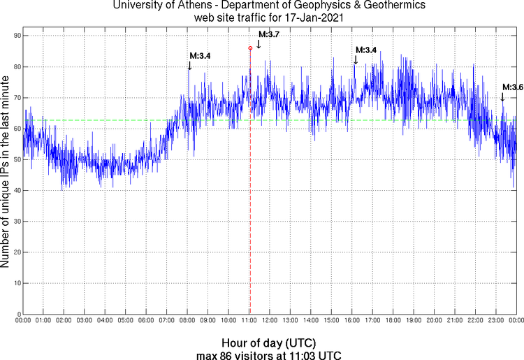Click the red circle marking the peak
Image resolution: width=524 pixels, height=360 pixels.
pyautogui.click(x=250, y=48)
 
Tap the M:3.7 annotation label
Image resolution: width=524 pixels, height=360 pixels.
pyautogui.click(x=269, y=34)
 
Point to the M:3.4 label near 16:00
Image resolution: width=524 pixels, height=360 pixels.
pyautogui.click(x=366, y=50)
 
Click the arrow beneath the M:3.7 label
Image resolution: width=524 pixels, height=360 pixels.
pyautogui.click(x=259, y=44)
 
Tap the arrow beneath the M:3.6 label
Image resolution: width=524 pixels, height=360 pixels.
pyautogui.click(x=502, y=97)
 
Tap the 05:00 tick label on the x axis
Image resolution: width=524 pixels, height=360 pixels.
pyautogui.click(x=126, y=320)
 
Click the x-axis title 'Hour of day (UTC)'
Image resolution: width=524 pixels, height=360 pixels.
pyautogui.click(x=269, y=343)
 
